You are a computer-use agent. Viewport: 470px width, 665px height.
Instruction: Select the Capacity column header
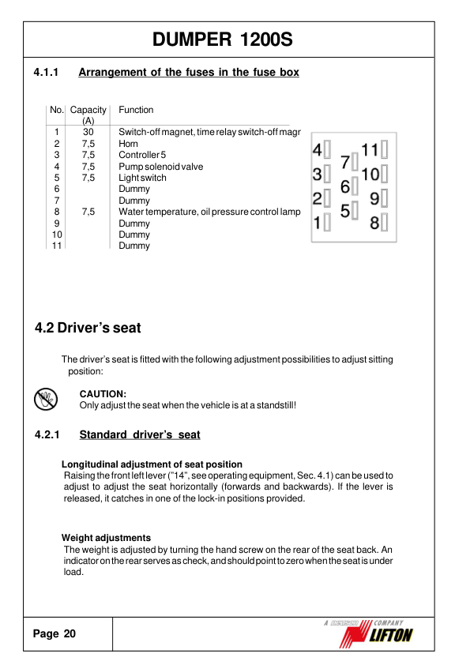[88, 110]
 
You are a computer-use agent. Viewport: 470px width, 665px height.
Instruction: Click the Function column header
[136, 110]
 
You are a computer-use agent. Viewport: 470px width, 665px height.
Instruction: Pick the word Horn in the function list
[128, 144]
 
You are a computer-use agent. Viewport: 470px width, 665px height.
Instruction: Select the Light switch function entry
[142, 178]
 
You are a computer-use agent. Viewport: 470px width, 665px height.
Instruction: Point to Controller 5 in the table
[142, 156]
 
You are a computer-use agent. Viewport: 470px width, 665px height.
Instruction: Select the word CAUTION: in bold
[103, 393]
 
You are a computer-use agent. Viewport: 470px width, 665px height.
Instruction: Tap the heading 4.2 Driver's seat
[88, 328]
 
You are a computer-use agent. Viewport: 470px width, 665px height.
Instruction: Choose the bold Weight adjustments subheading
[106, 538]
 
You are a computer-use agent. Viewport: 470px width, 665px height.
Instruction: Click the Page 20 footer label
[55, 633]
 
